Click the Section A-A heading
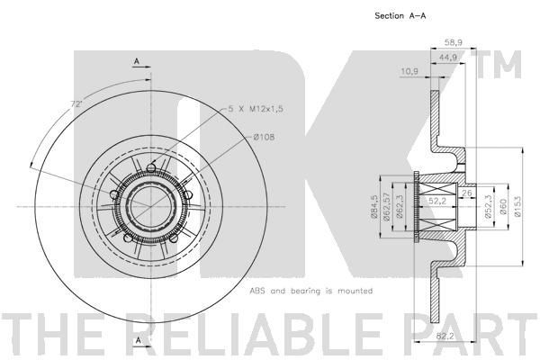point(400,16)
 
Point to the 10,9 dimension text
point(409,72)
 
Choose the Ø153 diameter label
point(518,206)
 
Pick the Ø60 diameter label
point(503,207)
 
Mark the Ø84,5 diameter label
point(374,207)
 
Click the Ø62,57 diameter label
point(386,207)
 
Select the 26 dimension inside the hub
point(466,193)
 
